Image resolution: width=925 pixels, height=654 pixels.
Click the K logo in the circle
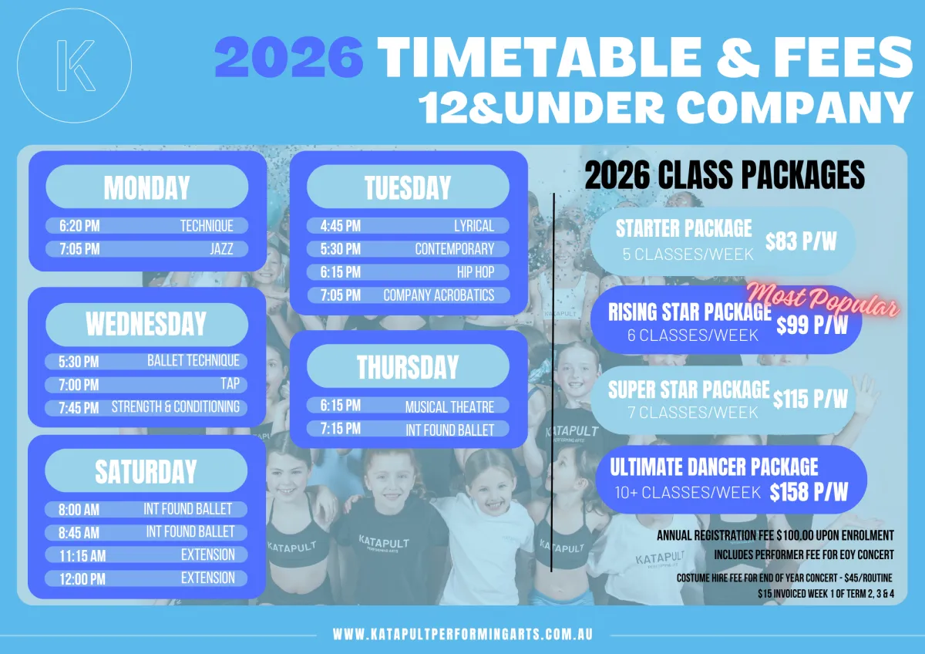[76, 66]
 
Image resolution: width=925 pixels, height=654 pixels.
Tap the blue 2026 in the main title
[289, 56]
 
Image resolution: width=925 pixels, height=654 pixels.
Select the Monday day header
[147, 187]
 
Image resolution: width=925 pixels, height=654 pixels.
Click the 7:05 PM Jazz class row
[147, 249]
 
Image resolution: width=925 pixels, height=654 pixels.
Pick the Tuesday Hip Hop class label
[476, 272]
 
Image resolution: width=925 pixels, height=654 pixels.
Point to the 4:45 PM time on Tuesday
[341, 226]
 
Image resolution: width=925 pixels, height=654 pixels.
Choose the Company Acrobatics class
[439, 295]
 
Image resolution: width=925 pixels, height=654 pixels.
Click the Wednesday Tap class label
[230, 384]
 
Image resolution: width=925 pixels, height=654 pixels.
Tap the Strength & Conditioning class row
[146, 408]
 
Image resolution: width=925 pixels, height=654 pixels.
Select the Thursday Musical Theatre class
[449, 407]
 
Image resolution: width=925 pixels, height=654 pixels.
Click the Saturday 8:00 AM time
[79, 510]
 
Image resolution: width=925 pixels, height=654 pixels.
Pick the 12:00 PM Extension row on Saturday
[146, 578]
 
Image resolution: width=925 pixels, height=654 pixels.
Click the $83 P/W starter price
[801, 241]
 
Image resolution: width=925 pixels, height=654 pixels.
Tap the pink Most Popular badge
[822, 301]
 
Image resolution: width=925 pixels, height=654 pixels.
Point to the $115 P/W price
[810, 399]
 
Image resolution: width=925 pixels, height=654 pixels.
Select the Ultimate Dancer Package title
[714, 467]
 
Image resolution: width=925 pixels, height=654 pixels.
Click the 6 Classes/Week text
[693, 335]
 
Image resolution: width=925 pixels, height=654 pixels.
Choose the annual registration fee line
[775, 535]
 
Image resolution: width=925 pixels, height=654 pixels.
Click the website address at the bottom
[463, 634]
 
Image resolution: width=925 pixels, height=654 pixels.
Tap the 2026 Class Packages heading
[725, 175]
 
